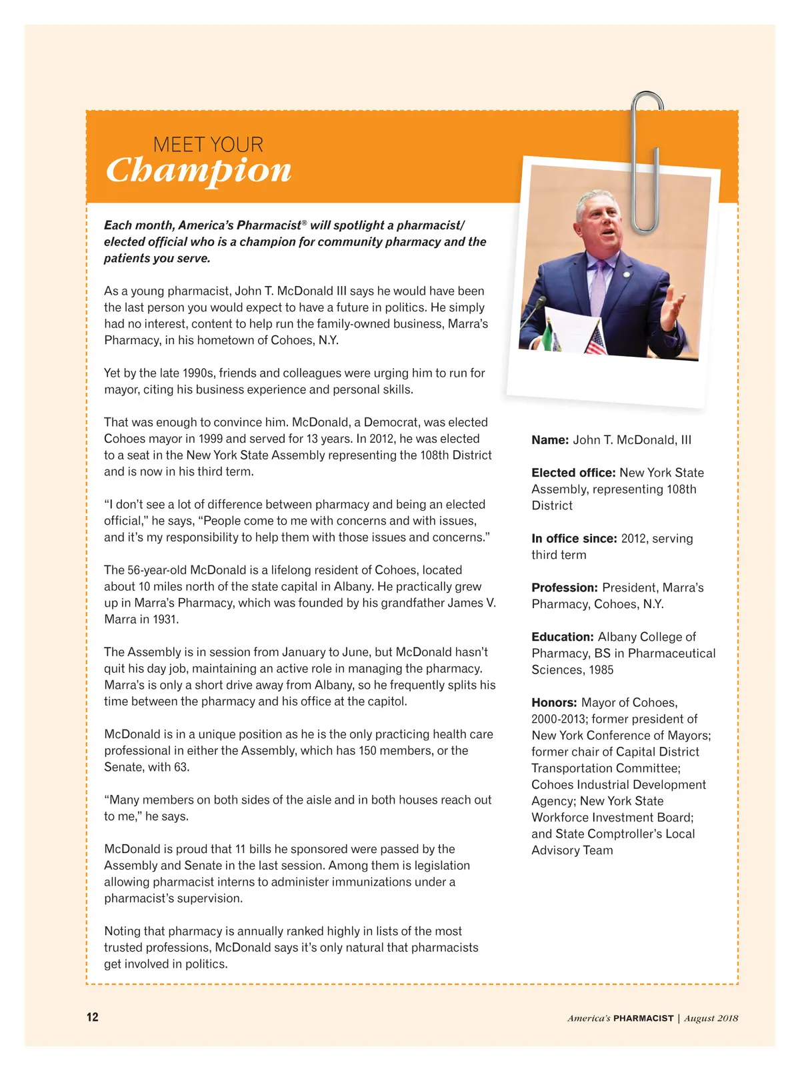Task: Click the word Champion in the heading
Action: (x=199, y=171)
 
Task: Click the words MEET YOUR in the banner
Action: (x=208, y=145)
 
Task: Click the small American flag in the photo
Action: (x=595, y=340)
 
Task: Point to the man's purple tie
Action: (x=600, y=287)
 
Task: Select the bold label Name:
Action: (x=550, y=440)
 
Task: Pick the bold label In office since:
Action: (x=574, y=539)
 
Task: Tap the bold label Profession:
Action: (x=565, y=588)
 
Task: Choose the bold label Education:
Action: (x=562, y=638)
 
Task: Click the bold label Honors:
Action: (x=554, y=703)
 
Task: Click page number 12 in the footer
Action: (x=92, y=1017)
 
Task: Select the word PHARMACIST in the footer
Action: (x=643, y=1018)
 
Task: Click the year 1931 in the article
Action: (x=165, y=620)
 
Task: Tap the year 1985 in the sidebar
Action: (x=601, y=670)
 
